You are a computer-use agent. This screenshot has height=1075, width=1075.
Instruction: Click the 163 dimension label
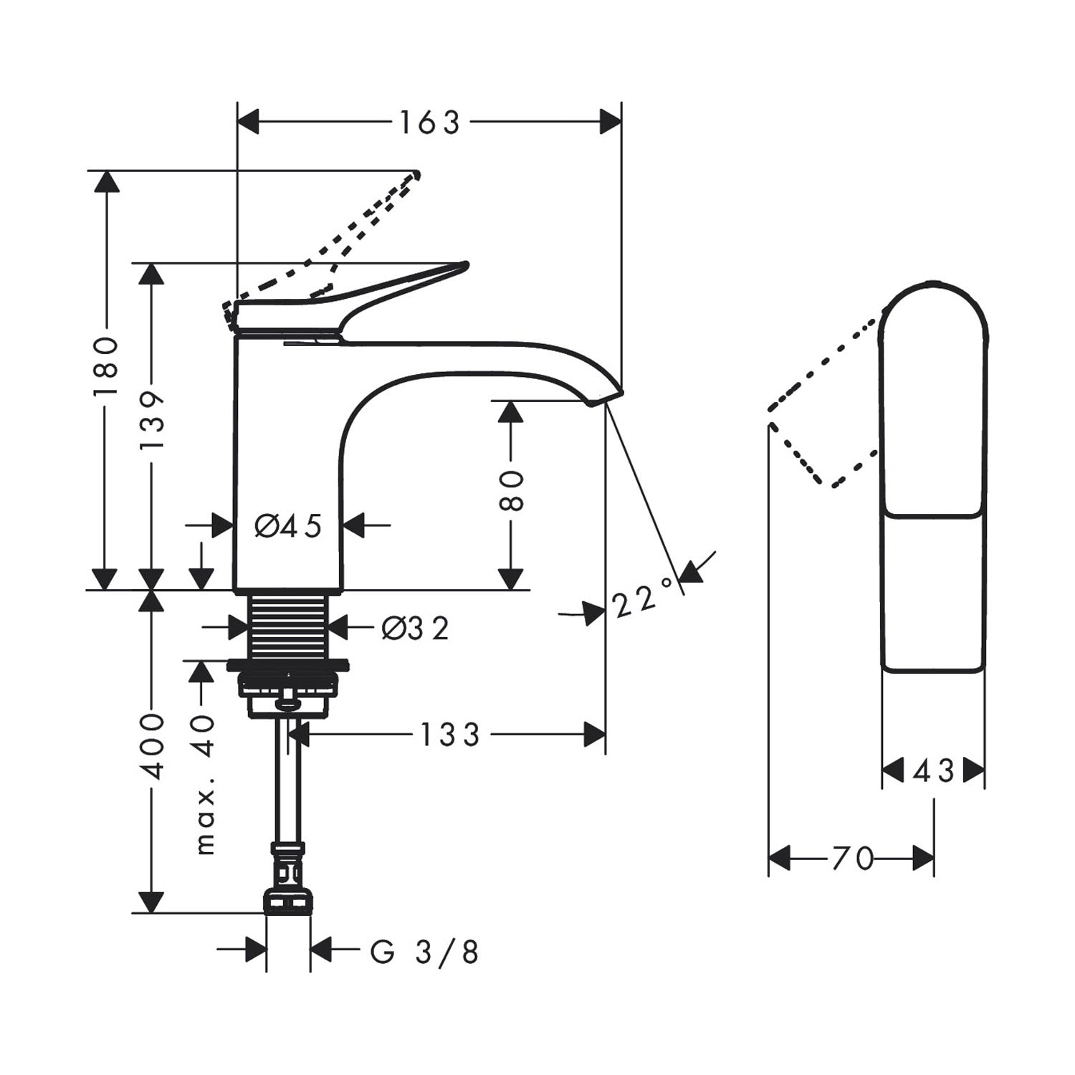[429, 123]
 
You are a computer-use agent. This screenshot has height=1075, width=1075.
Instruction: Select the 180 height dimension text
[106, 366]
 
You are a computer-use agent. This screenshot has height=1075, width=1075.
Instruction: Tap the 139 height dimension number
[151, 420]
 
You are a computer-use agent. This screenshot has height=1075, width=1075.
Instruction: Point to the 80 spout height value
[511, 491]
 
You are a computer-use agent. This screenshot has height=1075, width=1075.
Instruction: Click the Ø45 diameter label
[288, 526]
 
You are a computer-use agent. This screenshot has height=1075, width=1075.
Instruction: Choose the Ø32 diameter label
[415, 629]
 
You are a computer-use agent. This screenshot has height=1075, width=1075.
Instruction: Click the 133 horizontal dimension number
[449, 735]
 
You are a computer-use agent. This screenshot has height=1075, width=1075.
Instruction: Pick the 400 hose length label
[152, 745]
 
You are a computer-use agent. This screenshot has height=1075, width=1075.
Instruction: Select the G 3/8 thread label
[424, 952]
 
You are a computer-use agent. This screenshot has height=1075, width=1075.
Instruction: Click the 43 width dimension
[933, 771]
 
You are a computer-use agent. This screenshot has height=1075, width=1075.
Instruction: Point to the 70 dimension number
[853, 858]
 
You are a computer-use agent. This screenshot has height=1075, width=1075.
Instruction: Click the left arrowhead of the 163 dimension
[248, 123]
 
